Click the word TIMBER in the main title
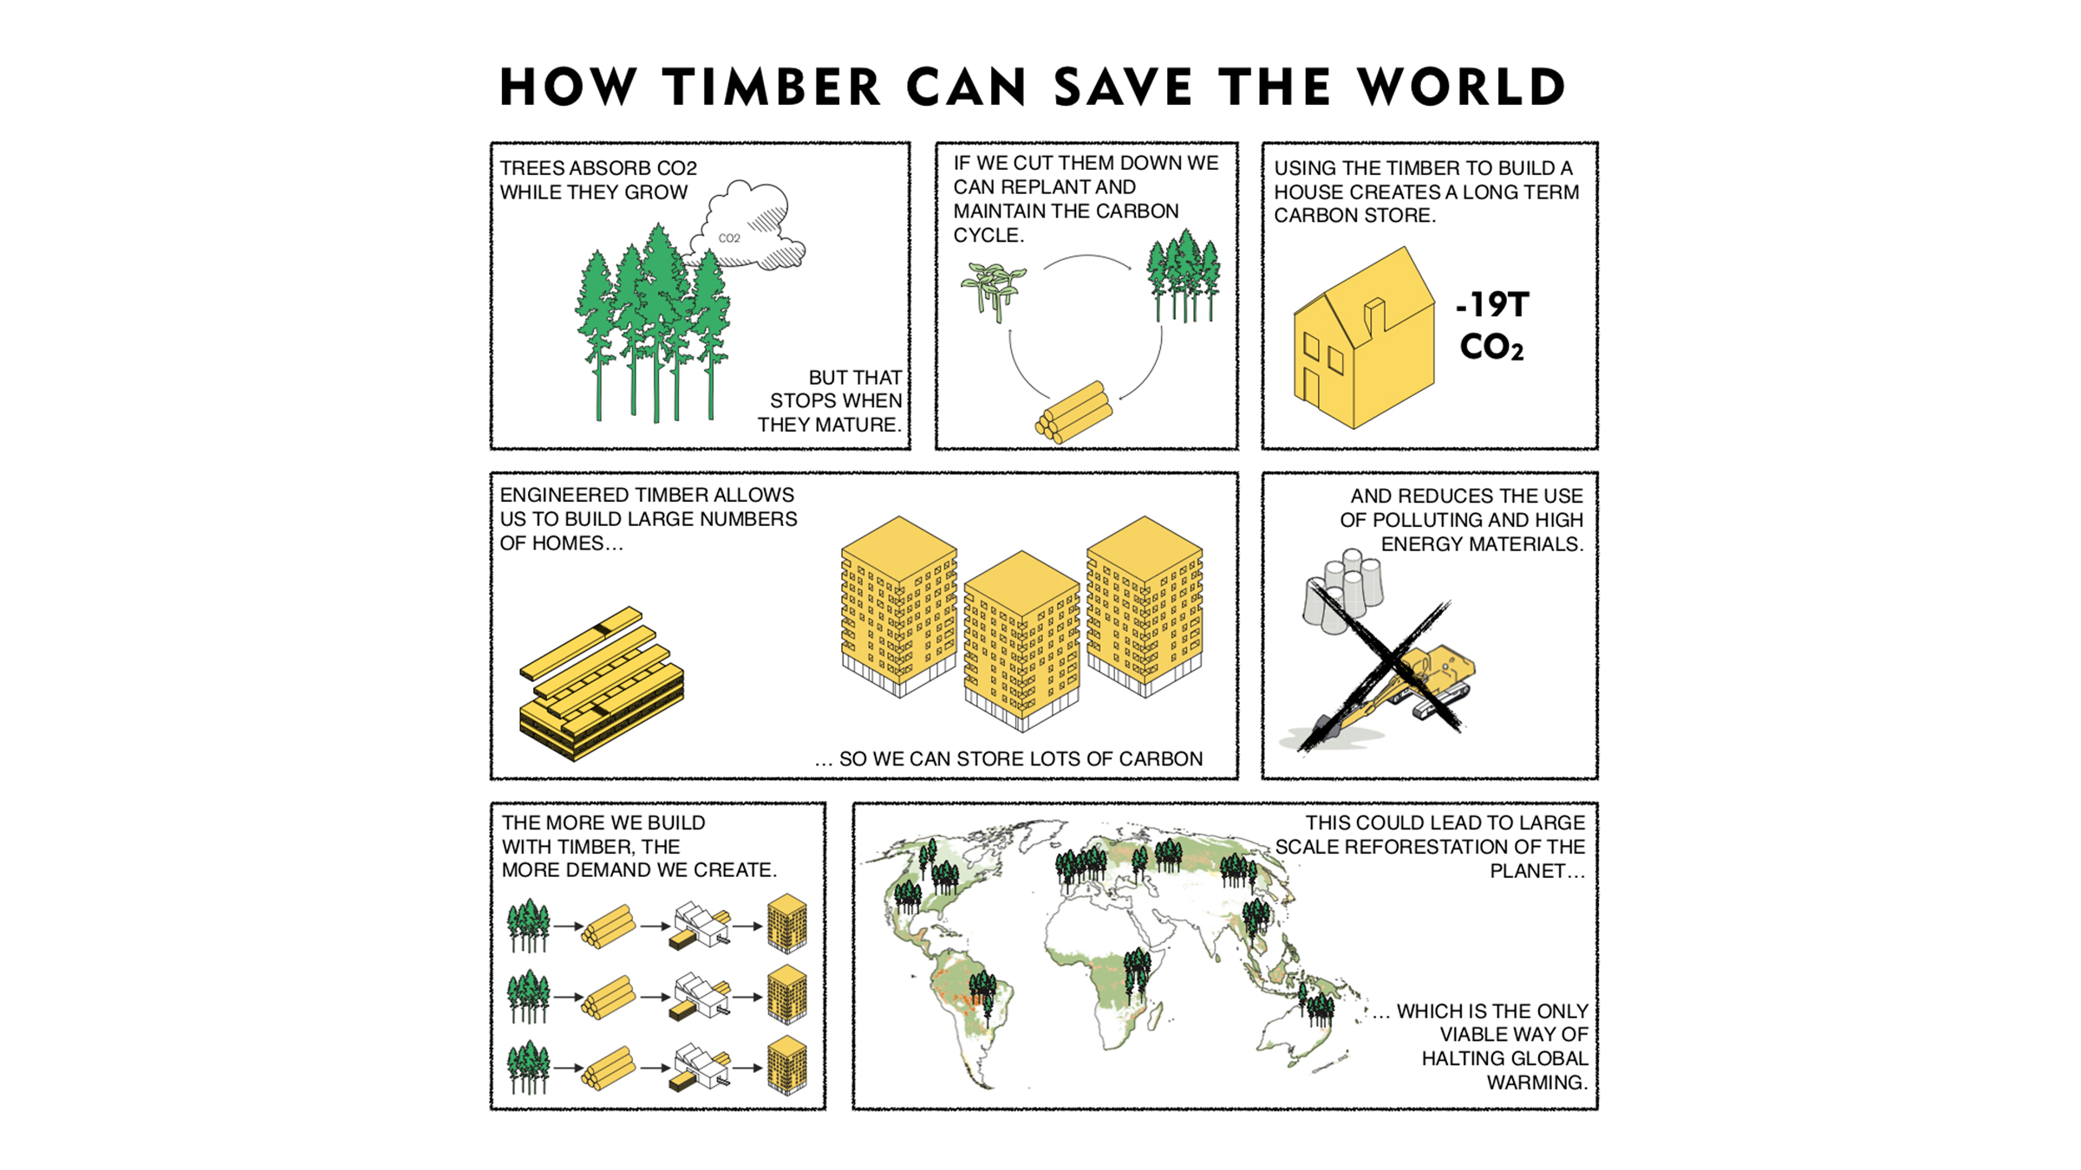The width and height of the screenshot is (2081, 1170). [772, 88]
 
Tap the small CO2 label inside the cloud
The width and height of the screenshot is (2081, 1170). [729, 238]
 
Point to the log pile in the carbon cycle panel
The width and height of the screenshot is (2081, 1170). [1073, 413]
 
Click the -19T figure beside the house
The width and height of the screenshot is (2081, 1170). [1492, 305]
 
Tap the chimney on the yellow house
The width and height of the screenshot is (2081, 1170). [1373, 316]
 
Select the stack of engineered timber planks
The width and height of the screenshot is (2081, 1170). [602, 685]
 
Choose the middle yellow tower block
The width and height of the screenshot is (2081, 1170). [1022, 641]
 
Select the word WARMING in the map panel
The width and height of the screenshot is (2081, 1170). [1536, 1082]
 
